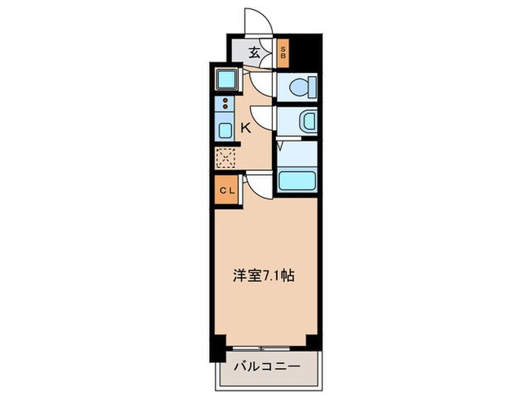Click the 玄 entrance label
[256, 52]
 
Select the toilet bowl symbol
[299, 87]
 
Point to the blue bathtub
[296, 181]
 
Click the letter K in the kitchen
[245, 128]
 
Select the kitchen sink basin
[224, 129]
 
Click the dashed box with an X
[226, 157]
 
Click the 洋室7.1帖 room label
[264, 277]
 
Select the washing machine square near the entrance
[225, 78]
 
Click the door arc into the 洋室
[258, 182]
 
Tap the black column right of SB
[305, 50]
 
